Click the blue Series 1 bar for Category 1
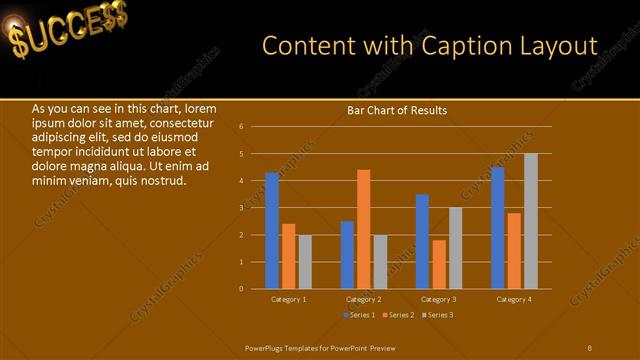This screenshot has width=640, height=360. (x=272, y=231)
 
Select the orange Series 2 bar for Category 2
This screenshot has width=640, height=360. (x=363, y=229)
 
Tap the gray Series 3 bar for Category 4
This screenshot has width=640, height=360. (x=531, y=221)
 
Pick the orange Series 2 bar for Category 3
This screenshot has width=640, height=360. (x=439, y=264)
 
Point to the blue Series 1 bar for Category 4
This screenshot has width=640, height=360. (x=498, y=228)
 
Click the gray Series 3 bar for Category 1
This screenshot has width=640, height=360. (x=305, y=262)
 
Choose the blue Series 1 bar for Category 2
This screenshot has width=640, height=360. (x=347, y=255)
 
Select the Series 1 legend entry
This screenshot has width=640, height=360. (x=360, y=315)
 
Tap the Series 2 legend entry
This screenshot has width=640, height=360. (x=398, y=315)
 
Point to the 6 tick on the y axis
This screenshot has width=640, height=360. (x=241, y=127)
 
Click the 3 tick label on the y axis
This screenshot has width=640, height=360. (x=241, y=208)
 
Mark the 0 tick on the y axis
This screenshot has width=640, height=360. (x=241, y=289)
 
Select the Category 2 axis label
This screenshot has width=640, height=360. (x=363, y=299)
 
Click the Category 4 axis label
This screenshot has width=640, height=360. (x=515, y=299)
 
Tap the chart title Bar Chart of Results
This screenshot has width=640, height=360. (x=397, y=110)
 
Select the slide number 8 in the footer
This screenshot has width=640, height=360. (x=589, y=347)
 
